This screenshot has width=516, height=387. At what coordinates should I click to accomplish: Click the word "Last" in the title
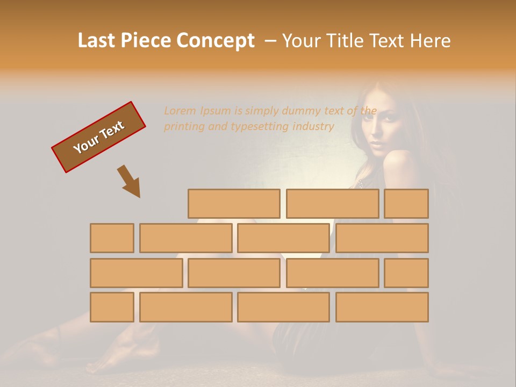(x=97, y=41)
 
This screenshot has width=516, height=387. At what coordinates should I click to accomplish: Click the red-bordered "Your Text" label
(x=98, y=137)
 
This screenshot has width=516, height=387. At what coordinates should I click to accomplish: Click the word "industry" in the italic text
(x=313, y=127)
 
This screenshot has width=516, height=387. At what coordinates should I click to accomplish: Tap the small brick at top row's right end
(x=406, y=204)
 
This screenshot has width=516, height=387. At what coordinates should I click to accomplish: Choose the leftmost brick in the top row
(x=234, y=204)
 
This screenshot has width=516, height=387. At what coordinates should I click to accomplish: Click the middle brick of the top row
(x=332, y=204)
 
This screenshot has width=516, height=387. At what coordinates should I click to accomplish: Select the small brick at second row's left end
(x=112, y=238)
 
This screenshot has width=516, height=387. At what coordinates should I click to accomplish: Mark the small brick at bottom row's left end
(x=112, y=307)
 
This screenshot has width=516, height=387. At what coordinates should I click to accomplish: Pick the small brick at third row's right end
(x=406, y=273)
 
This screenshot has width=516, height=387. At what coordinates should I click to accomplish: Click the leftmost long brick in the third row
(x=136, y=273)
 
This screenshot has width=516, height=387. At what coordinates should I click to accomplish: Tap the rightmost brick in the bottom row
(x=382, y=307)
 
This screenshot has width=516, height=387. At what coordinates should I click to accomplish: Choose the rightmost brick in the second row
(x=382, y=238)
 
